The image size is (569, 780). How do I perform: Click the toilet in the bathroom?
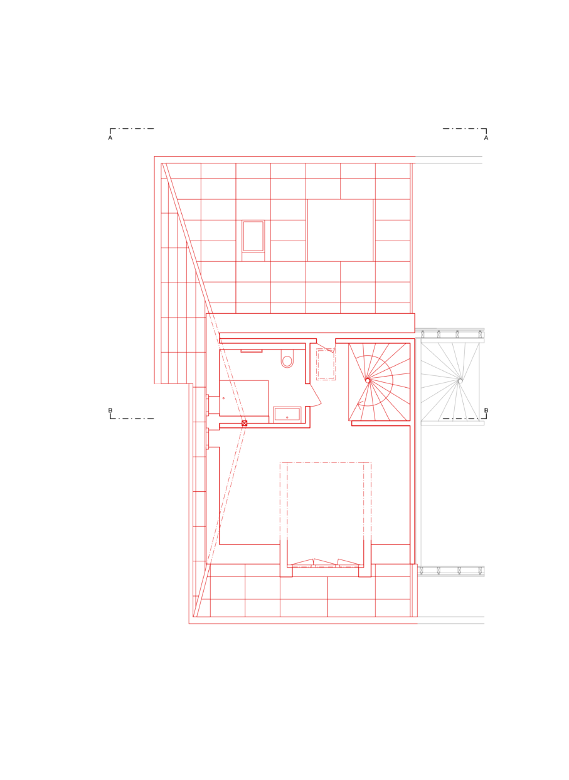tap(287, 359)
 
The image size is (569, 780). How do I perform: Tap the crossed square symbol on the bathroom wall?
tap(245, 423)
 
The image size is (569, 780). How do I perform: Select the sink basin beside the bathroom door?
tap(287, 414)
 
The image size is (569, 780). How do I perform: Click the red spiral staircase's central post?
tap(368, 380)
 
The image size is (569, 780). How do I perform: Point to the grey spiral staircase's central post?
tap(460, 381)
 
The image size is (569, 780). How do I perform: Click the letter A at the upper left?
tap(110, 138)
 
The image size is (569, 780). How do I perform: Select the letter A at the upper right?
tap(486, 138)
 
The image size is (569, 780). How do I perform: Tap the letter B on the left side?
tap(110, 410)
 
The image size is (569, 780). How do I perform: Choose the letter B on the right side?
tap(486, 410)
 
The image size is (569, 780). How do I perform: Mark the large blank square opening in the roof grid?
tap(340, 230)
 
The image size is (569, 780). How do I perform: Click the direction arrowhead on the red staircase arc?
tap(359, 404)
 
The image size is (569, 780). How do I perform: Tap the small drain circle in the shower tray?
tap(223, 398)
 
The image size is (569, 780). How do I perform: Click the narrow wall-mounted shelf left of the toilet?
tap(252, 351)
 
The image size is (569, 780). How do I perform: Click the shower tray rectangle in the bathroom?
tap(244, 398)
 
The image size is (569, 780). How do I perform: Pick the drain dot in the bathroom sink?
tap(287, 417)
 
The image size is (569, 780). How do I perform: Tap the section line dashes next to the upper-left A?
tap(132, 130)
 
